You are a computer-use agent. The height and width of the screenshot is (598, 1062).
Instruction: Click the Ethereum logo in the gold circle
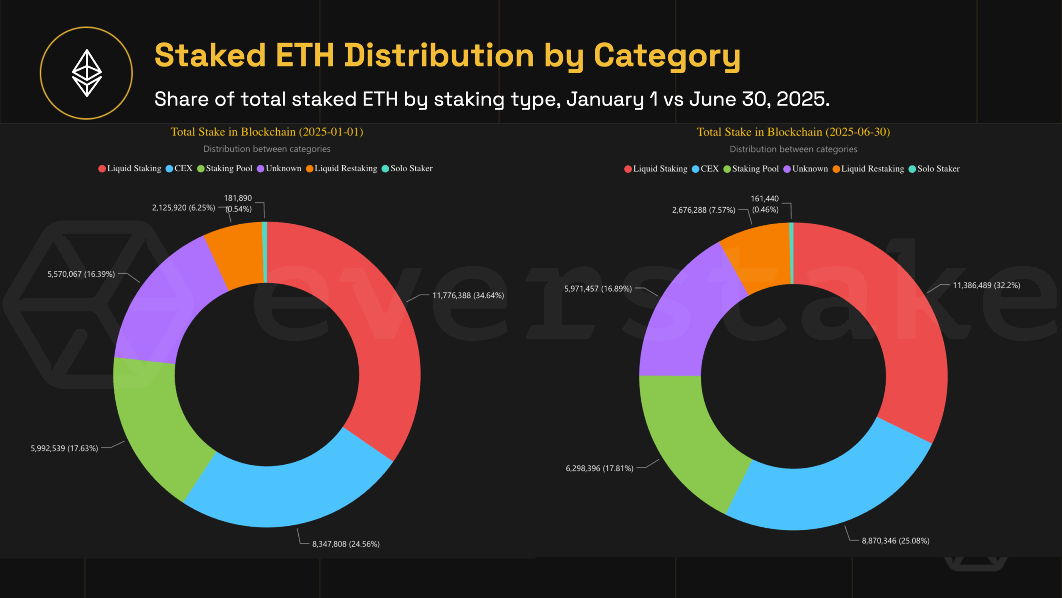coord(87,73)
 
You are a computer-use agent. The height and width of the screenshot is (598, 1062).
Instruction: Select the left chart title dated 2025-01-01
coord(267,132)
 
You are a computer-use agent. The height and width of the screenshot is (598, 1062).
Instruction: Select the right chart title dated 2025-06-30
coord(793,132)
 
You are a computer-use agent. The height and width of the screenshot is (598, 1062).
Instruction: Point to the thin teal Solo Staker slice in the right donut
coord(791,253)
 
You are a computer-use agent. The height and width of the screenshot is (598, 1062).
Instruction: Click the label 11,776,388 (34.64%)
coord(468,296)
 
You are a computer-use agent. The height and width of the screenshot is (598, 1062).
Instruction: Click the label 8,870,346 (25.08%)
coord(895,541)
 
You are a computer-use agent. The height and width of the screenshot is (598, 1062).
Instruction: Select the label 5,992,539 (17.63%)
coord(64,448)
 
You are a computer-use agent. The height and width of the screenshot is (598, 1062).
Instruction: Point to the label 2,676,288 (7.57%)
coord(704,210)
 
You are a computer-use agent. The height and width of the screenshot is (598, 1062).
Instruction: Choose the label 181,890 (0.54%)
coord(238,203)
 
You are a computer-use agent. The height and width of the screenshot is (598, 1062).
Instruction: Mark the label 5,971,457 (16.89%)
coord(598,289)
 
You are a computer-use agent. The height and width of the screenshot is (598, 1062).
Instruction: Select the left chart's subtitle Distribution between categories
coord(267,149)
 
